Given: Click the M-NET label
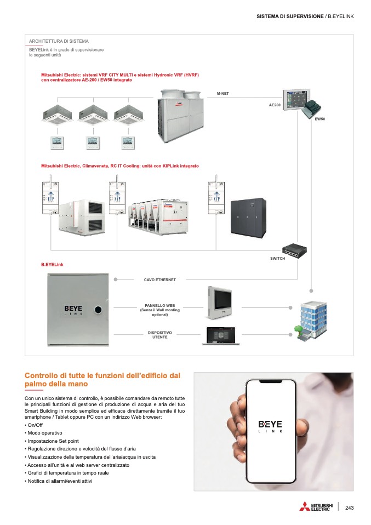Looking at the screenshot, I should [x=222, y=94].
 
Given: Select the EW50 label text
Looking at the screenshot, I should [x=320, y=119].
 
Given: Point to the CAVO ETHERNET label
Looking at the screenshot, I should [x=160, y=279].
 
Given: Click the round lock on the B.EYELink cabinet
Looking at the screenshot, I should [x=99, y=310].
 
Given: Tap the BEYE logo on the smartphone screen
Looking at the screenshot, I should [x=270, y=424].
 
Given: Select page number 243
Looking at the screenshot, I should [x=350, y=507].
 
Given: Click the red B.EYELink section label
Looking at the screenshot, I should [x=53, y=265].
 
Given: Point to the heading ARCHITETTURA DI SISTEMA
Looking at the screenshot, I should [x=59, y=41].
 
